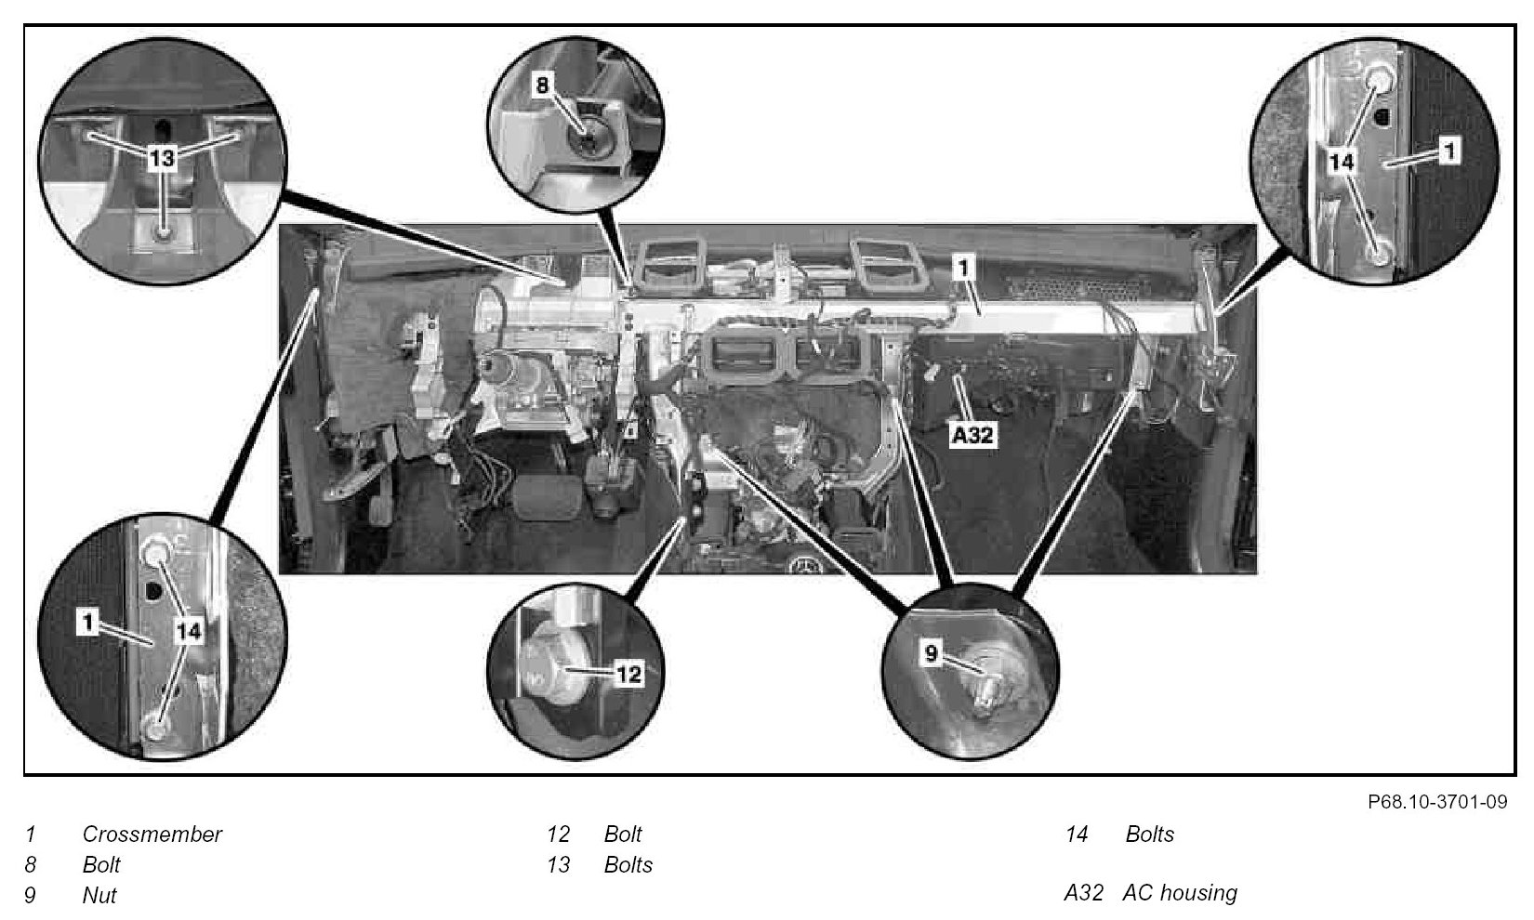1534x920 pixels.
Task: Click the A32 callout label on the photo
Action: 973,435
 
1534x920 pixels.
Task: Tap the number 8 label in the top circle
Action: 542,85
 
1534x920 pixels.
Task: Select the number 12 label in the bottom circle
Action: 628,675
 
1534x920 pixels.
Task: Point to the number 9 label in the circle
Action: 931,653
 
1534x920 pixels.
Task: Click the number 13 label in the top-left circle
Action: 163,159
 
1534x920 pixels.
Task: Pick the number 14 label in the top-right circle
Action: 1341,163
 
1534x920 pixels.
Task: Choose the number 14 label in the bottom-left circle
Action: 189,630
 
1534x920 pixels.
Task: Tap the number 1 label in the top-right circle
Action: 1448,151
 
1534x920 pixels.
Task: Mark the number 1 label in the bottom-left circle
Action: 87,623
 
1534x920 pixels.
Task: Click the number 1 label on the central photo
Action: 963,268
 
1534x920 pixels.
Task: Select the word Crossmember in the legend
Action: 152,834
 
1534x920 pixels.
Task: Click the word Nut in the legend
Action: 99,895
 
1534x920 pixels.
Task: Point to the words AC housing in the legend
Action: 1180,893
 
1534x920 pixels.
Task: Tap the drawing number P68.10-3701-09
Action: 1437,802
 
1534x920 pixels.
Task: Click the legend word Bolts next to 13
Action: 628,864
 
